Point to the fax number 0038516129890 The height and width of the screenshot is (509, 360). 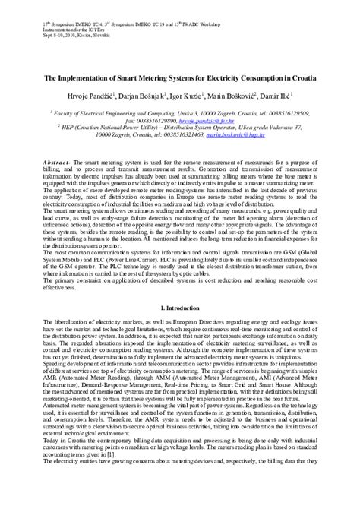pyautogui.click(x=154, y=120)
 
